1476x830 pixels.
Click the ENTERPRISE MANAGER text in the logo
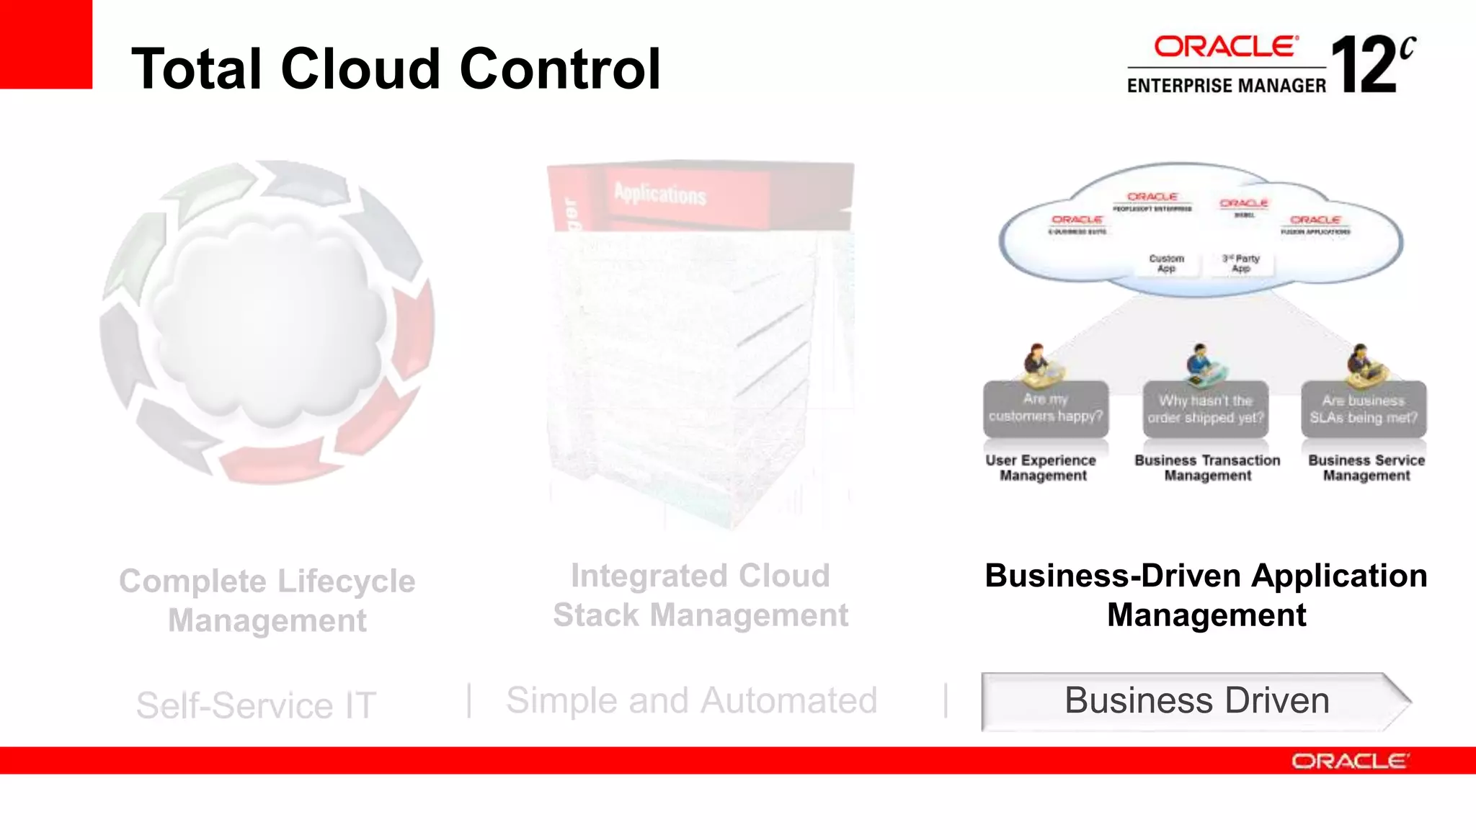pos(1226,86)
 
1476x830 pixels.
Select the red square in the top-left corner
pos(45,44)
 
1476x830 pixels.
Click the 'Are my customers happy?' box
pos(1046,408)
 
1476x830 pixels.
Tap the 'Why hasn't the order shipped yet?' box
pos(1205,409)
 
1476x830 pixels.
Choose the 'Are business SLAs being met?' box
pos(1364,409)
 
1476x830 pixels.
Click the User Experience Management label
pos(1041,468)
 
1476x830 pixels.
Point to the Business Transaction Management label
pos(1207,468)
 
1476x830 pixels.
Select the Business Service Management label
pos(1366,468)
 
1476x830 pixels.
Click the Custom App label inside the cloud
pos(1166,263)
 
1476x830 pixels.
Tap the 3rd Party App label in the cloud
pos(1241,263)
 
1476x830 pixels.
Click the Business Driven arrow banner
pos(1196,701)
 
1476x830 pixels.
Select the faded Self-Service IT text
pos(256,705)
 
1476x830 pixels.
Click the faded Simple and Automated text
pos(691,701)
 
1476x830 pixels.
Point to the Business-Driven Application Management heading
pos(1206,595)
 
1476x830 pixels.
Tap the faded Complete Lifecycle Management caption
pos(267,601)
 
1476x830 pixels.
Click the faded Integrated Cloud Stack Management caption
pos(700,596)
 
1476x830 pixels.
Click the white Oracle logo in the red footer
pos(1349,762)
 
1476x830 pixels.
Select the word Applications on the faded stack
pos(660,195)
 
